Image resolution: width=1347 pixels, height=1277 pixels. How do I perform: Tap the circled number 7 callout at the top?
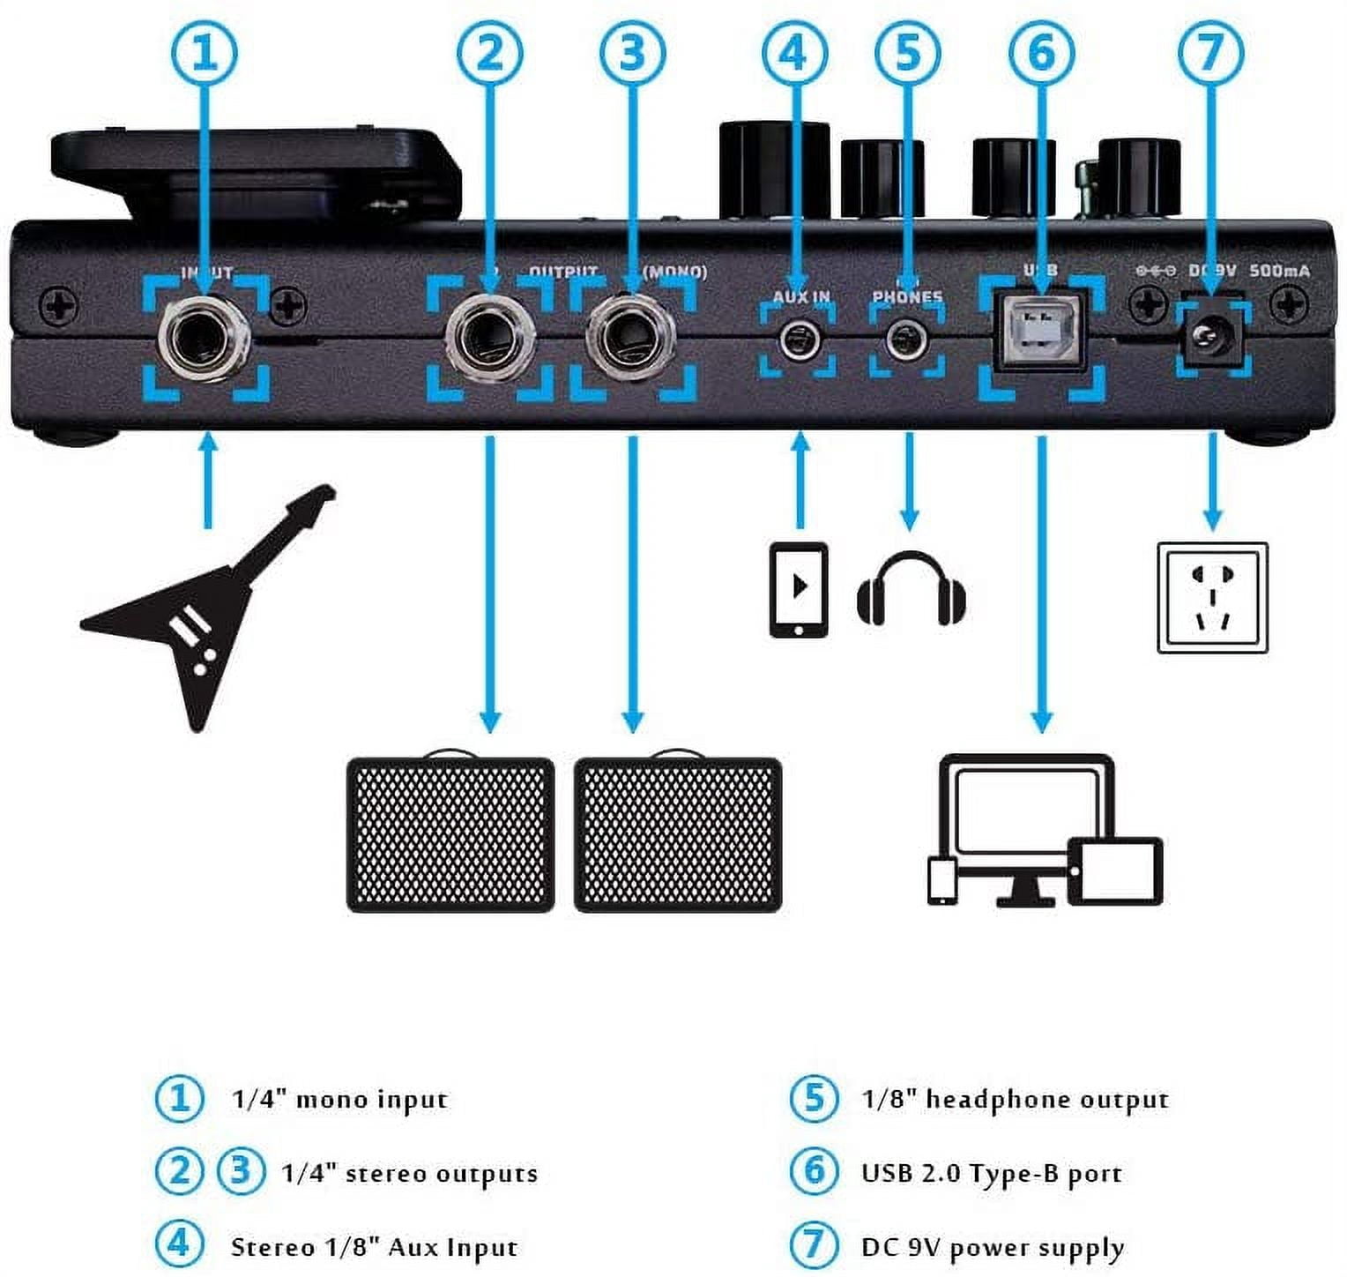click(1211, 53)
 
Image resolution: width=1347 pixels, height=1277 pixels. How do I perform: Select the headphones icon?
click(912, 589)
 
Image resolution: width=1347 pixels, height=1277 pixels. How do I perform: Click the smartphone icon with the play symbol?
click(799, 589)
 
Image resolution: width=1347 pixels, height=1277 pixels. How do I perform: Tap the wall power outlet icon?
click(1212, 598)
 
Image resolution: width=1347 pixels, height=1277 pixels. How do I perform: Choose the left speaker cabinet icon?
click(450, 833)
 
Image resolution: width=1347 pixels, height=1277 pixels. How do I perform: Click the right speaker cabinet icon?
click(677, 833)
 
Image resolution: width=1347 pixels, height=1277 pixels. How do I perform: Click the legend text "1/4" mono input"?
click(339, 1100)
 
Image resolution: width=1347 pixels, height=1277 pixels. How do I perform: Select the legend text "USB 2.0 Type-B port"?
click(992, 1174)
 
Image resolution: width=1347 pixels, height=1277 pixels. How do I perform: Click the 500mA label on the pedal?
click(1279, 271)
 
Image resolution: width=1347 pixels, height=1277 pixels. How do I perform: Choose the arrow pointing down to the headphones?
click(909, 481)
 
